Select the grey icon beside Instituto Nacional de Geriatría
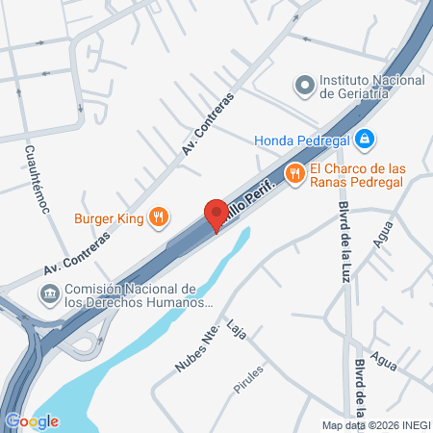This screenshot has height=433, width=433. pos(304,86)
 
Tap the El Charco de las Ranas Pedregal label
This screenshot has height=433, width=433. pos(370,175)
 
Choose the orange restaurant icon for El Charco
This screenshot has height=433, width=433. pos(294,174)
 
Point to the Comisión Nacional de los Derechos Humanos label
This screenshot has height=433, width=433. pos(131,295)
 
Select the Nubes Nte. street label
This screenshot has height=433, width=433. pos(193,346)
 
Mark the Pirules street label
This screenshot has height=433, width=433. pos(247,383)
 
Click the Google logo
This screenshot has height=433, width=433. pos(32,420)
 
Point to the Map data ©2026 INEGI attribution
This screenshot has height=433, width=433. pos(375,425)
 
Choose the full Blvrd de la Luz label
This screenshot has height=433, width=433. pos(344,232)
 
